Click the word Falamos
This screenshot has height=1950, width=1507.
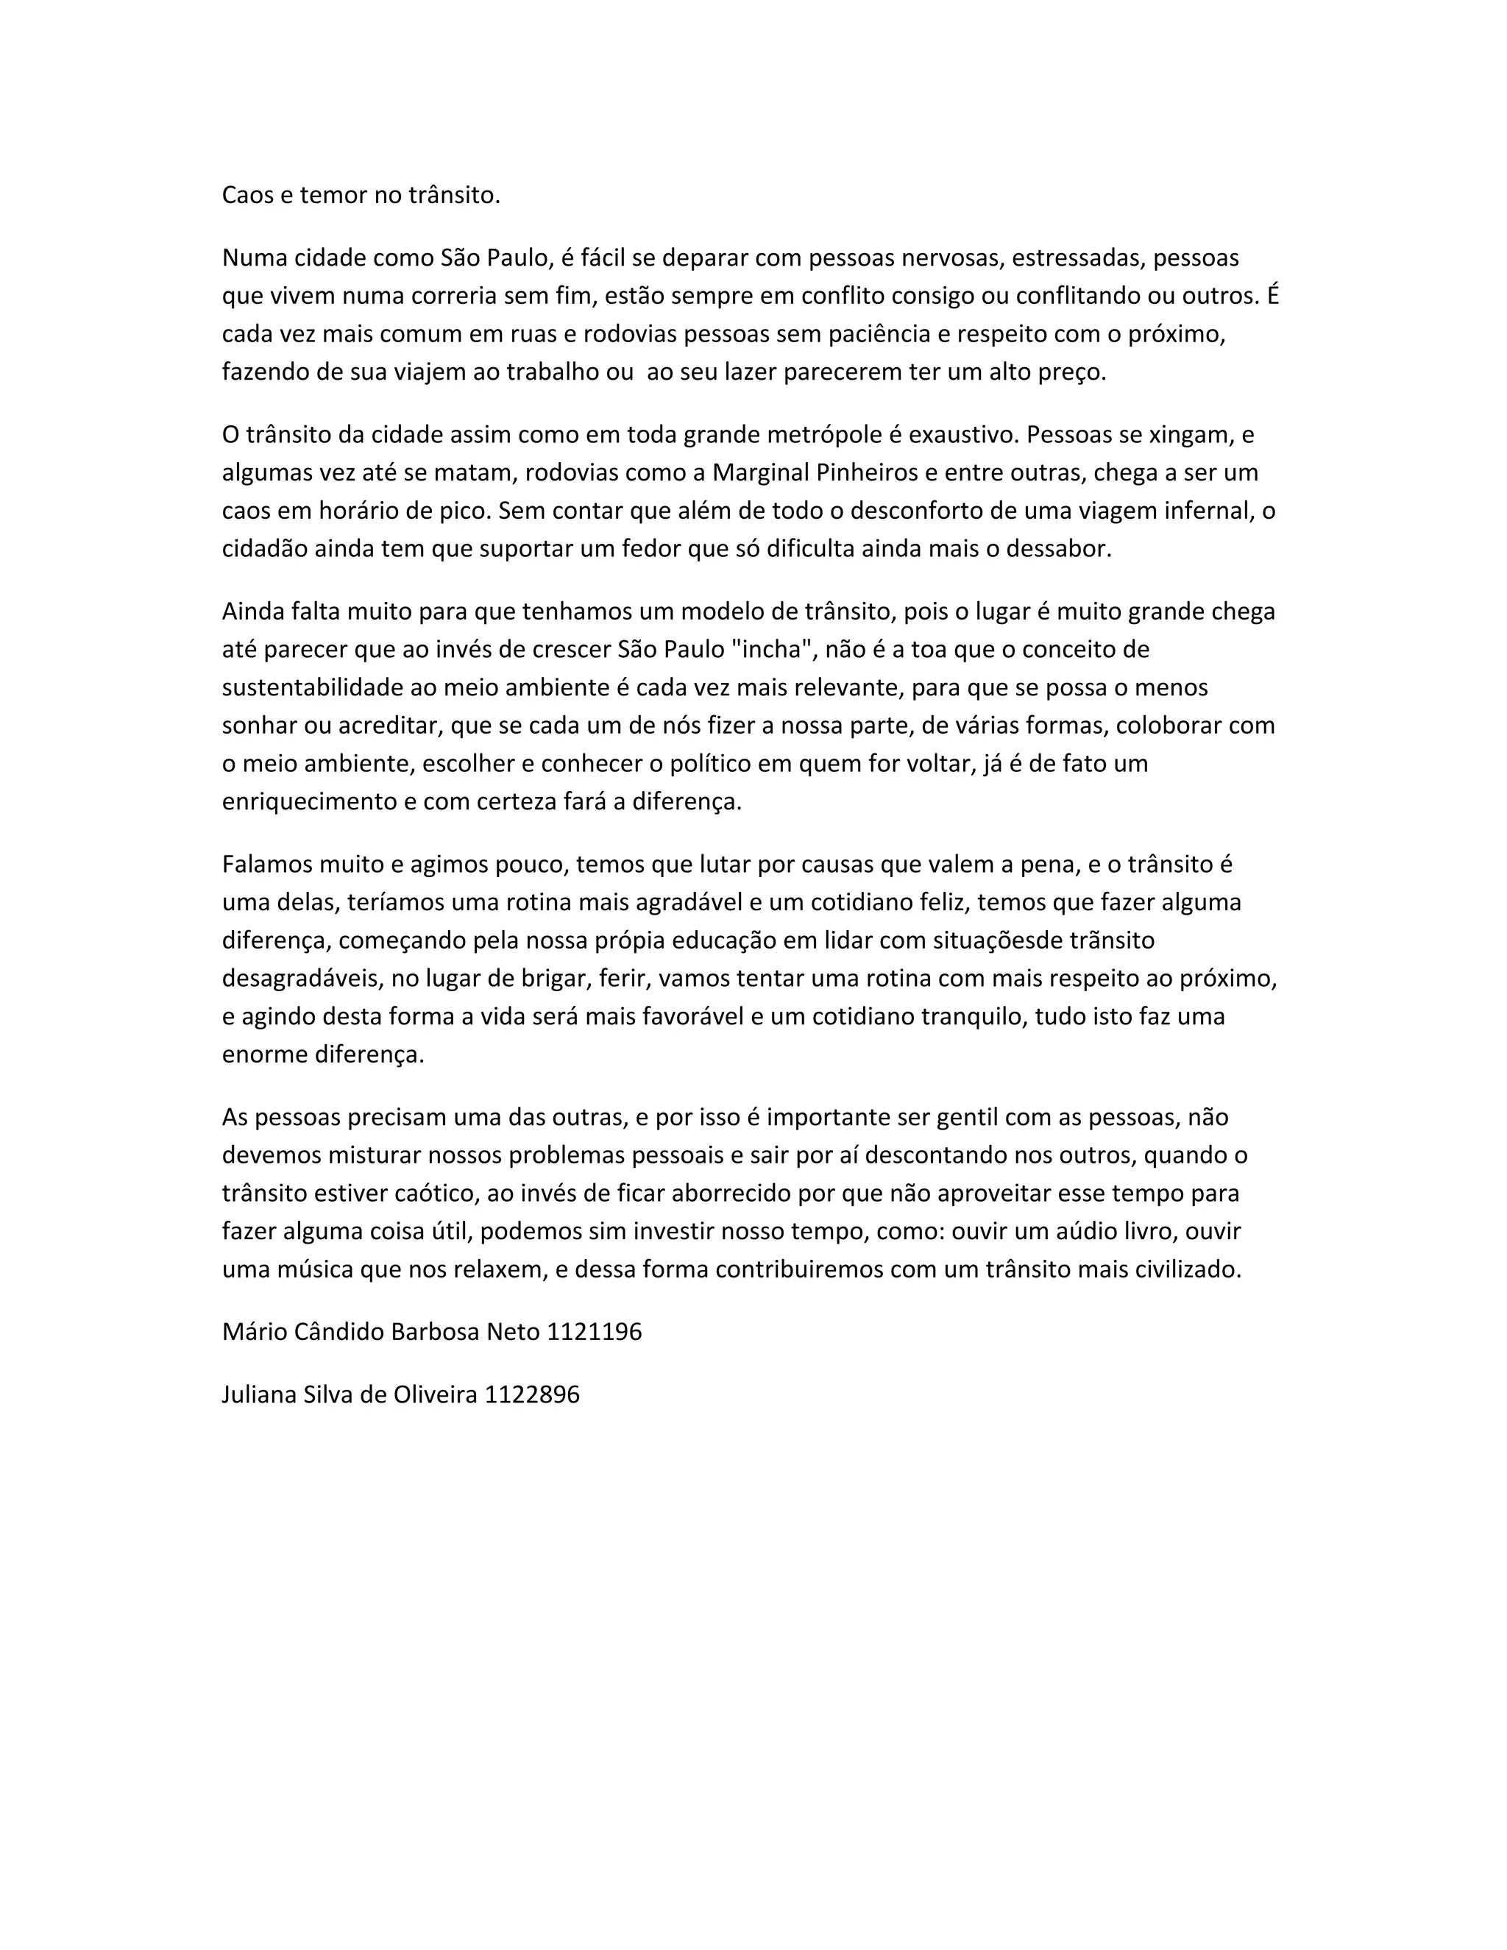pyautogui.click(x=263, y=865)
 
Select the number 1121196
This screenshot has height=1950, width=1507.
pyautogui.click(x=594, y=1332)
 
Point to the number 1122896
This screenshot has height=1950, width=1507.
pyautogui.click(x=532, y=1394)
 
